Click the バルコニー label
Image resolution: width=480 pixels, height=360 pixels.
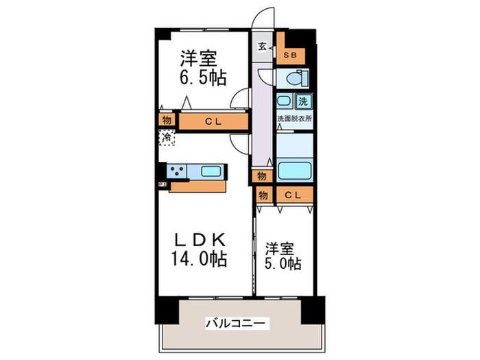click(x=235, y=322)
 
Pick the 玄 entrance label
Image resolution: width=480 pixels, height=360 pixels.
click(x=263, y=46)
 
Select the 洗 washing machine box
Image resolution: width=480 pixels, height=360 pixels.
click(x=302, y=101)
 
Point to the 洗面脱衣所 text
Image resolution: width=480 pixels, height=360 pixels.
click(x=294, y=119)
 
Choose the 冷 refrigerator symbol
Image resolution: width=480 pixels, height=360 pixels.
click(x=167, y=137)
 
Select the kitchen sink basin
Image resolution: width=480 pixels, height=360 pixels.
click(x=210, y=171)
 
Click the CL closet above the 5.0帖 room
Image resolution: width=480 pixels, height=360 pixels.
click(x=294, y=195)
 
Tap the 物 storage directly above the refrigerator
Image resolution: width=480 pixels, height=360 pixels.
click(x=166, y=121)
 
